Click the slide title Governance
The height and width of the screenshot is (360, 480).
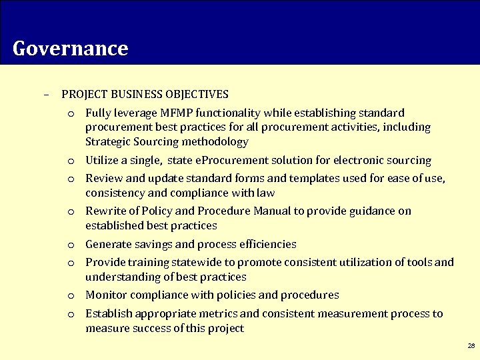pyautogui.click(x=70, y=49)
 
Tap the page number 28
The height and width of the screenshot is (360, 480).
pyautogui.click(x=471, y=346)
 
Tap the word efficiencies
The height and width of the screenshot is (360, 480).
pyautogui.click(x=257, y=245)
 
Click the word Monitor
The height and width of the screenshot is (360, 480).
pyautogui.click(x=106, y=295)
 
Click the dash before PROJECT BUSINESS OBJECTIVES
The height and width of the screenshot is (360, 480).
pyautogui.click(x=46, y=95)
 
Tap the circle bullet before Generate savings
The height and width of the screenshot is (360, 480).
pyautogui.click(x=70, y=245)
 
